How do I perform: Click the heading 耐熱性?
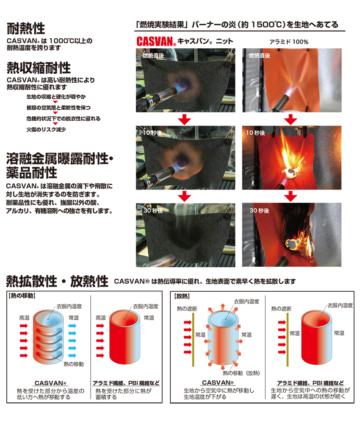coord(26,28)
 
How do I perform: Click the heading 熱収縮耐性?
coord(39,68)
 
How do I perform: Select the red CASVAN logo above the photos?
coord(156,42)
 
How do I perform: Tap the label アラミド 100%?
coord(288,42)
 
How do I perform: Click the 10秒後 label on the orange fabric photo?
coord(255,133)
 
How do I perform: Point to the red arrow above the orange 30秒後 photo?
coord(290,196)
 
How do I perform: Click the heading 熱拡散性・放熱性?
coord(57,281)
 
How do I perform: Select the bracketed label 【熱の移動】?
coord(22,295)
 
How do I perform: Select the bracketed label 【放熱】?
coord(182,295)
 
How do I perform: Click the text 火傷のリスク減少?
coord(46,129)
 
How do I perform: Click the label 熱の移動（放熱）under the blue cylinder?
coord(241,373)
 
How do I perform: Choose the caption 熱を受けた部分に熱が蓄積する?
coord(123,394)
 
